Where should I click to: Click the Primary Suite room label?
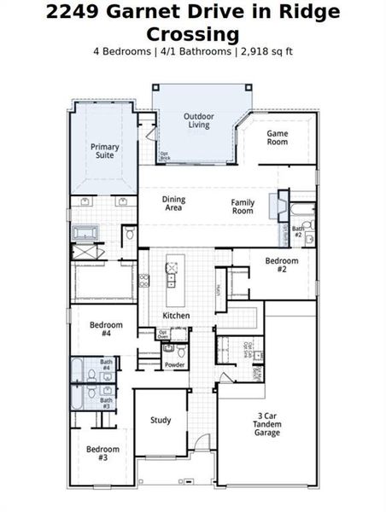(105, 151)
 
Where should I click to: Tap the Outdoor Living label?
(199, 120)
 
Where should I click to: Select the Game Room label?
(277, 137)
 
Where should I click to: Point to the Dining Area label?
(173, 204)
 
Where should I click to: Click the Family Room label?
(243, 207)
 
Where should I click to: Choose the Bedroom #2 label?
(281, 264)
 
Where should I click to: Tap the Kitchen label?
(176, 316)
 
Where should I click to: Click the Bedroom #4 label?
(106, 329)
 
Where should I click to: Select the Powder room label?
(174, 364)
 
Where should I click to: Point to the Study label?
(161, 420)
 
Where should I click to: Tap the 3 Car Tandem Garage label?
(266, 424)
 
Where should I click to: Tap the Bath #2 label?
(298, 230)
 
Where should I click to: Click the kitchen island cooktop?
(171, 271)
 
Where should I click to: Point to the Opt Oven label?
(162, 334)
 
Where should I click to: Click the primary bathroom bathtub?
(86, 232)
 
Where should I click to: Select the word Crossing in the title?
(192, 33)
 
